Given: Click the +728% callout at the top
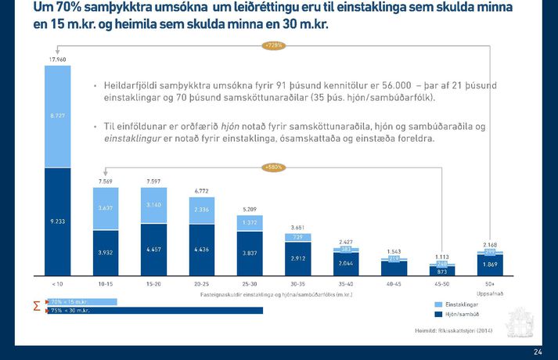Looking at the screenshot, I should click(x=274, y=45).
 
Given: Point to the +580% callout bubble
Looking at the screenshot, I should click(x=274, y=167).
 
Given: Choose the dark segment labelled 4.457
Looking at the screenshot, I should click(x=153, y=250).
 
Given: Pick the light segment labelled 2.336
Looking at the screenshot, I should click(x=202, y=210).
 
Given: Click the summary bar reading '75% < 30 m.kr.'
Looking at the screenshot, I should click(x=157, y=310).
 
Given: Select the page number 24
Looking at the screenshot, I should click(x=537, y=352).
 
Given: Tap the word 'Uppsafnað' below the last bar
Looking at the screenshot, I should click(x=489, y=294).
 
